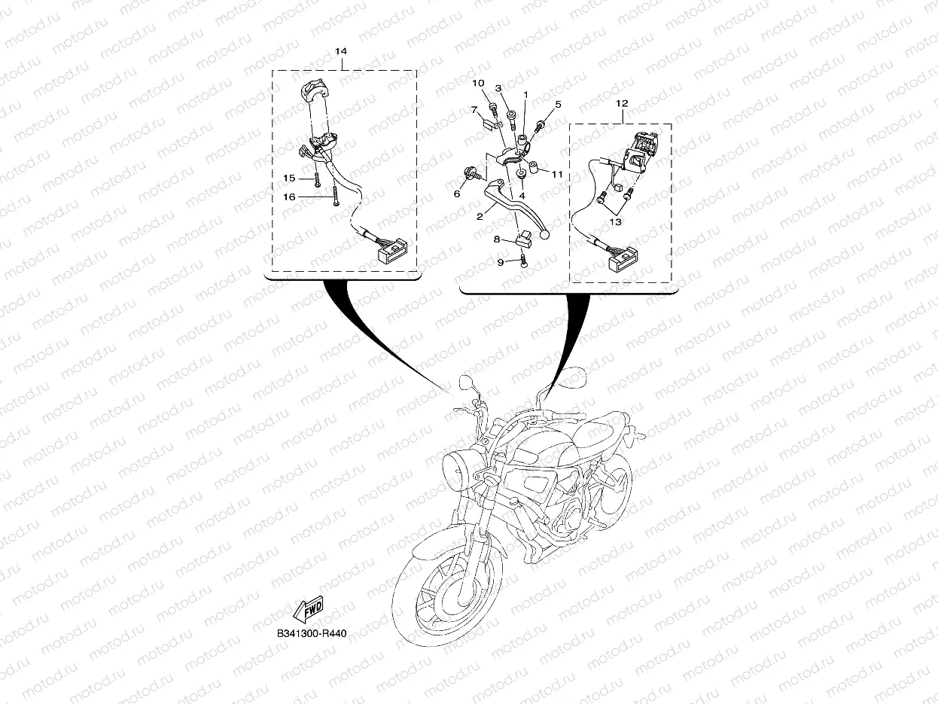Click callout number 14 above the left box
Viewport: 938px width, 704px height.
tap(340, 51)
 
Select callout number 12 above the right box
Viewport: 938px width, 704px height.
tap(622, 103)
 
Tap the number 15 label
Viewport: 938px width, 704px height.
tap(289, 178)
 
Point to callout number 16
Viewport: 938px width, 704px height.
tap(289, 197)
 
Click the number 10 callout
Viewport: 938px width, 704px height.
tap(478, 83)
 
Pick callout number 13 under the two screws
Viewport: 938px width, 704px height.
tap(615, 222)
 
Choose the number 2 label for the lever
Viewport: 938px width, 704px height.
tap(480, 217)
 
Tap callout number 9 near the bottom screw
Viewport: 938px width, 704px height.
tap(501, 263)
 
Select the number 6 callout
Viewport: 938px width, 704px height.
tap(457, 194)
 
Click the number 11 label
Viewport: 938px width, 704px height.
tap(557, 175)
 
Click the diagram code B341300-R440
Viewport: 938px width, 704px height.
tap(312, 633)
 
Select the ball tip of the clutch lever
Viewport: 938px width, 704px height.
tap(544, 234)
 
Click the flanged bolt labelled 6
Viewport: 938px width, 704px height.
tap(471, 174)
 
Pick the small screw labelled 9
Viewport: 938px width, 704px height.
tap(525, 261)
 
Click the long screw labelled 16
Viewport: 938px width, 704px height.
tap(336, 197)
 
